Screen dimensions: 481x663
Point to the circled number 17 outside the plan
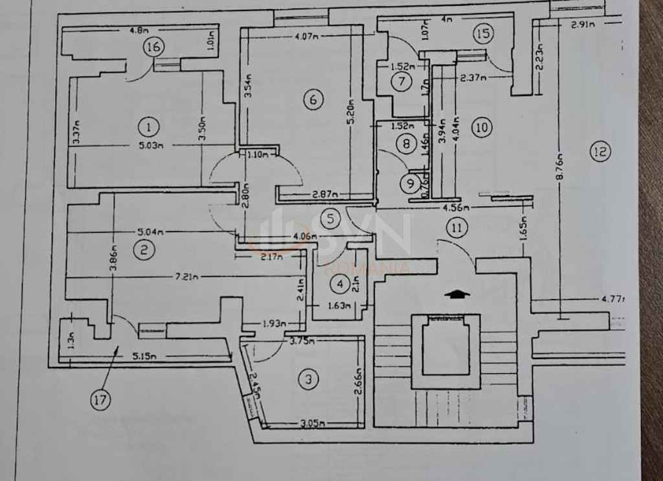tap(100, 400)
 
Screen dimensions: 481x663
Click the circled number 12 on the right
tap(600, 152)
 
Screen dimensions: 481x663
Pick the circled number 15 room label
tap(482, 33)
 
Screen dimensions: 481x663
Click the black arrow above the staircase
tap(458, 294)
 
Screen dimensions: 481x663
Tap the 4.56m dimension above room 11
tap(456, 208)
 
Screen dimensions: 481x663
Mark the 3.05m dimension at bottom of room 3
tap(313, 424)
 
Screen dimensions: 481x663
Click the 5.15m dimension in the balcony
tap(144, 356)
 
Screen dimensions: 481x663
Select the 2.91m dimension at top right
tap(583, 26)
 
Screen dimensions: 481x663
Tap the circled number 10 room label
tap(481, 127)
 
